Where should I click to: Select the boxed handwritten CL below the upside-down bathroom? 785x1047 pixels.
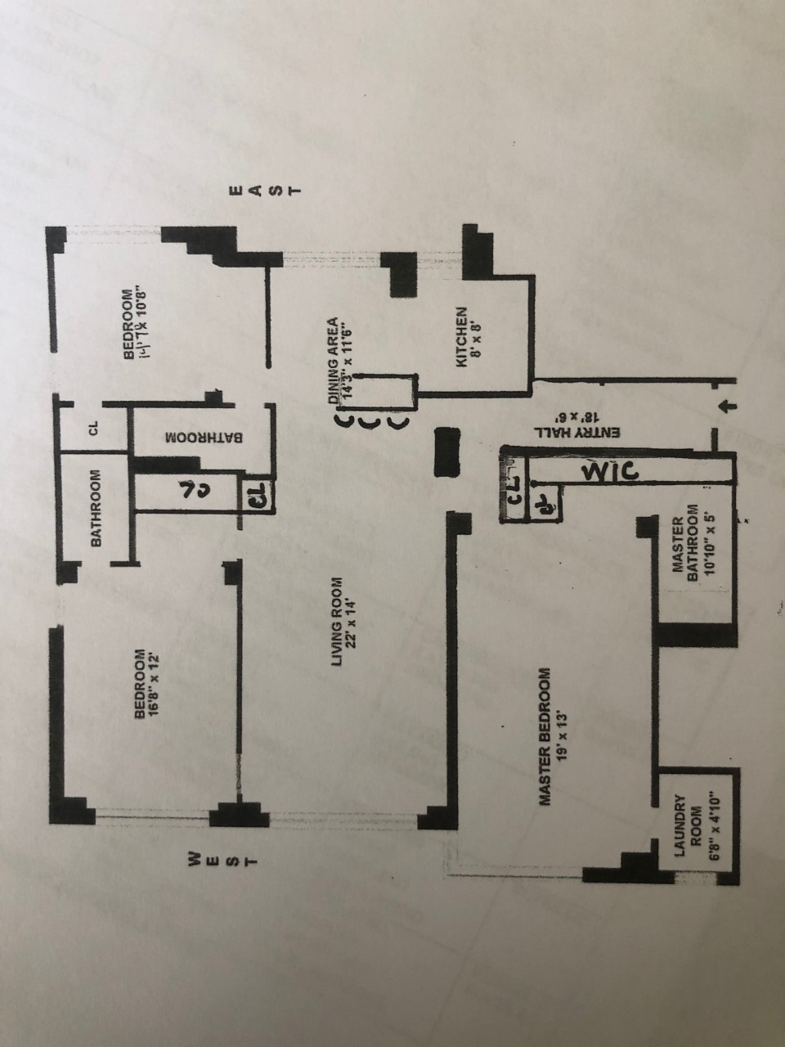click(x=255, y=496)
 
